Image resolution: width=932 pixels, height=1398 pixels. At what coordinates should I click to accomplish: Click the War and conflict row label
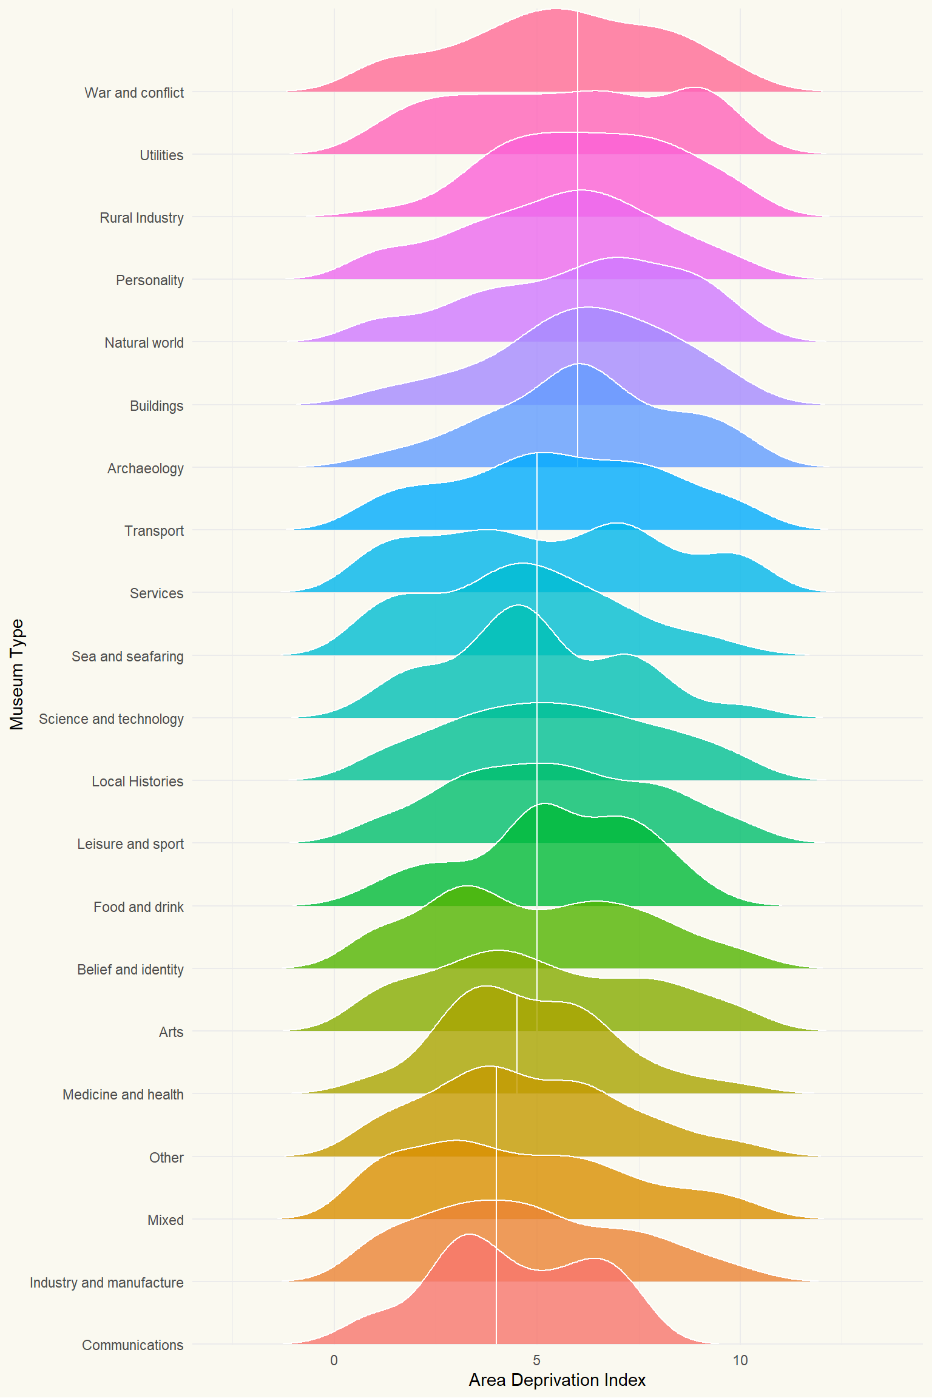[x=134, y=93]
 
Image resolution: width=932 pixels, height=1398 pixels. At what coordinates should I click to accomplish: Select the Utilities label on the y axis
[x=161, y=155]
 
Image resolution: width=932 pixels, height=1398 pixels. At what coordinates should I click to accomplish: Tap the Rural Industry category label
[x=141, y=218]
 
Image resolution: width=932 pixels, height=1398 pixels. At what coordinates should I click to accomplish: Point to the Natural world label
[x=144, y=343]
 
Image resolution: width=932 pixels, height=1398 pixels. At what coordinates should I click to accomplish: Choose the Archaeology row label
[x=145, y=468]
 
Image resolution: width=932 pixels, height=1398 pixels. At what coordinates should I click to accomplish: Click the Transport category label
[x=154, y=531]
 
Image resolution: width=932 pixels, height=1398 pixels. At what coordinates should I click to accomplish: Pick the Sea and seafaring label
[x=127, y=657]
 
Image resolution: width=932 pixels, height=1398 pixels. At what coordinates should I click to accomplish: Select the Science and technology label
[x=111, y=719]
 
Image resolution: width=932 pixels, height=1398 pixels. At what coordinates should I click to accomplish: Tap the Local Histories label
[x=137, y=782]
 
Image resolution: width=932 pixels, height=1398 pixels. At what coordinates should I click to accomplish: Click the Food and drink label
[x=138, y=907]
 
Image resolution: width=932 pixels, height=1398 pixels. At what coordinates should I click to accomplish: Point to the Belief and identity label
[x=130, y=970]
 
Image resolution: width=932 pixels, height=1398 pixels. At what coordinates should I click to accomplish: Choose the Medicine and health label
[x=123, y=1095]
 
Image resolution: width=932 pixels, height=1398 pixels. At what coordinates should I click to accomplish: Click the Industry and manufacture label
[x=106, y=1283]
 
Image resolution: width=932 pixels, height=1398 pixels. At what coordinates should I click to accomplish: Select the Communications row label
[x=132, y=1345]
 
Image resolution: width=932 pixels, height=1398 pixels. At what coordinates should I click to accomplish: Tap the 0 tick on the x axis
[x=334, y=1360]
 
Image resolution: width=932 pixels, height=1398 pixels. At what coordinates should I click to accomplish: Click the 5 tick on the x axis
[x=536, y=1360]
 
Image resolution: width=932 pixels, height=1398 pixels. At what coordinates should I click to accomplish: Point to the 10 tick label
[x=740, y=1360]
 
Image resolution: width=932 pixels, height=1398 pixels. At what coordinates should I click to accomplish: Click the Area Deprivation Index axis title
[x=557, y=1380]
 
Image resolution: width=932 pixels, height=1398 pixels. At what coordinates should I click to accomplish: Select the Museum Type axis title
[x=17, y=674]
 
